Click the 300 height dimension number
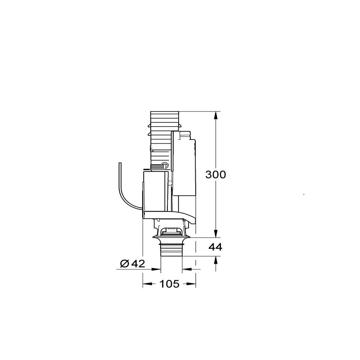point(216,175)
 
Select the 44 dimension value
point(216,247)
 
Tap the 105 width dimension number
point(169,284)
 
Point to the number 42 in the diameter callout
point(138,264)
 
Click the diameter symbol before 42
point(125,264)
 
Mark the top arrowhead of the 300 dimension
point(216,115)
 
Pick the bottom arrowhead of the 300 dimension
point(216,234)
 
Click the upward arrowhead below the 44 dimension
point(216,260)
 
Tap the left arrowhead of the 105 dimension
point(148,284)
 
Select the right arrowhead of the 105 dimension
point(191,284)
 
